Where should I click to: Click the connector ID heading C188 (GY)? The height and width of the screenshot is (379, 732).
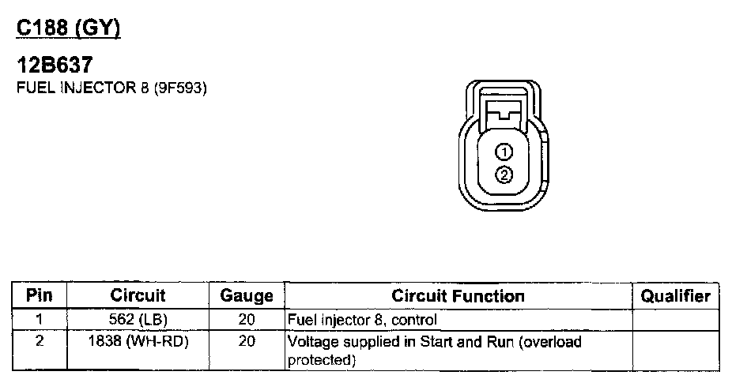69,29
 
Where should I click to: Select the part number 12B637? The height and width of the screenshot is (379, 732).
51,68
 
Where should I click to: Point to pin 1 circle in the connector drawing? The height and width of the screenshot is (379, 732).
504,152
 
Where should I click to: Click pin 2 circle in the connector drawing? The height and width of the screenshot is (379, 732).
504,175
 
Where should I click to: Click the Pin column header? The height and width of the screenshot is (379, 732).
39,296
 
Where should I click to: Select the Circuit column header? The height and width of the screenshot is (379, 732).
138,296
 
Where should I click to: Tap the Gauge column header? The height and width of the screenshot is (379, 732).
246,296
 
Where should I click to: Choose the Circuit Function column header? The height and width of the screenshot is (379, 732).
458,296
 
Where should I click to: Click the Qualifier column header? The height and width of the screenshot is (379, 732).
675,296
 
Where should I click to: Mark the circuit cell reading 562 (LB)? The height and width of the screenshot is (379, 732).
138,321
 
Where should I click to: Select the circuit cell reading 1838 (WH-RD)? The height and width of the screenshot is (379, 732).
138,342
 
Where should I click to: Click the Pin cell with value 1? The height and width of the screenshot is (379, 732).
39,321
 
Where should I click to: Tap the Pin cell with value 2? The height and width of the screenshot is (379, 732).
39,342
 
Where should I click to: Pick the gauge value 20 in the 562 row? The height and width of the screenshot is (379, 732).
246,321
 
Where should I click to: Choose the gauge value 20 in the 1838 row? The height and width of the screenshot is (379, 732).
246,342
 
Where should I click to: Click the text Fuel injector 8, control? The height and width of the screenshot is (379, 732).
361,321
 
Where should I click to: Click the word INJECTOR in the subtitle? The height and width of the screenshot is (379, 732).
80,88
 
